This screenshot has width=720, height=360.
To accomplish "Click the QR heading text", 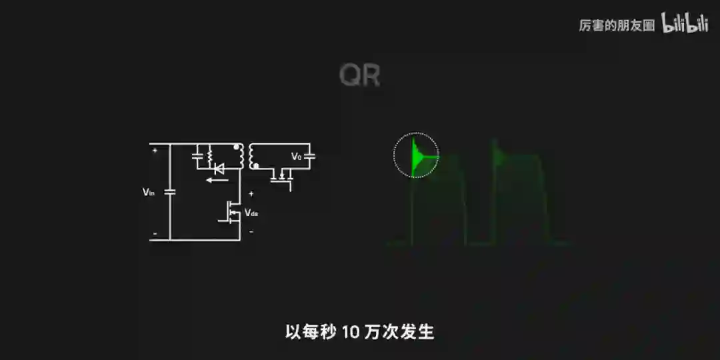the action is (359, 76).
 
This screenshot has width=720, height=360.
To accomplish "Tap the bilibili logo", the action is (684, 24).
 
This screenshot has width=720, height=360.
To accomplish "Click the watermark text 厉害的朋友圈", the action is (616, 26).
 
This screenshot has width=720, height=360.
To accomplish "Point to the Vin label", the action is (149, 192).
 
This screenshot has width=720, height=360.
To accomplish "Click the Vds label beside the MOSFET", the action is (251, 213).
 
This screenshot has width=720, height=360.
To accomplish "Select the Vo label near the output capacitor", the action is (296, 157).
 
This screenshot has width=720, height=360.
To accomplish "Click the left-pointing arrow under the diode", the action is (214, 179).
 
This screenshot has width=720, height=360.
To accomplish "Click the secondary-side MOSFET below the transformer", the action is (283, 177).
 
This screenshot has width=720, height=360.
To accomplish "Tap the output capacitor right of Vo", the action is (309, 157).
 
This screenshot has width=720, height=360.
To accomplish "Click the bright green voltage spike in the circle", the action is (418, 156).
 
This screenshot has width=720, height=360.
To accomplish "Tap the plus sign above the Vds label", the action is (251, 193).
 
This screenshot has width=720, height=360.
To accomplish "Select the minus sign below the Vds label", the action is (251, 232).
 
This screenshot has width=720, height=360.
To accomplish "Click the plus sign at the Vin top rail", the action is (155, 150).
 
